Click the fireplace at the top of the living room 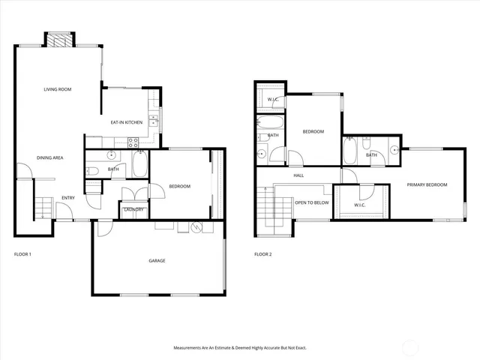[59, 40]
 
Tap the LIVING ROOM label [57, 89]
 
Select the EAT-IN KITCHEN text [127, 122]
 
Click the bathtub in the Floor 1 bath [140, 164]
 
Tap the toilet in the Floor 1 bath [92, 171]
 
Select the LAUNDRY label [133, 209]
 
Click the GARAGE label [156, 260]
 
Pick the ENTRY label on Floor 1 [67, 198]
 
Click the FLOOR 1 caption [22, 254]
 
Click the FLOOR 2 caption [262, 254]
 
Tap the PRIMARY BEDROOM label [427, 184]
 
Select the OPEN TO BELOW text [311, 202]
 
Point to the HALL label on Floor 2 [298, 175]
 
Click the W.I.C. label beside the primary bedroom [359, 205]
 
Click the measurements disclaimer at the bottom [240, 348]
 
